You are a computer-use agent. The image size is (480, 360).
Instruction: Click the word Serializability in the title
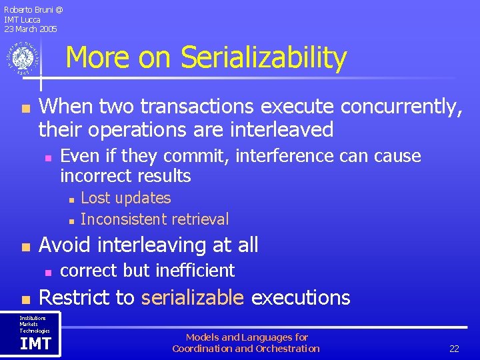click(264, 58)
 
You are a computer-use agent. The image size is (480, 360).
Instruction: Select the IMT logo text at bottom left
click(35, 343)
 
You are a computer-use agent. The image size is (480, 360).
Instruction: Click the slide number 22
click(454, 349)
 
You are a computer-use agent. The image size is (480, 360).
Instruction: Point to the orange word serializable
click(193, 297)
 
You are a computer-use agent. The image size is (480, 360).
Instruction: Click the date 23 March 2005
click(31, 29)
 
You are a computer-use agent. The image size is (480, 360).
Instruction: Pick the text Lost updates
click(125, 198)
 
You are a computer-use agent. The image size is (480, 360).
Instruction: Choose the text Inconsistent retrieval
click(154, 219)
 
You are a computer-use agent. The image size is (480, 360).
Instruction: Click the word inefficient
click(195, 270)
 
